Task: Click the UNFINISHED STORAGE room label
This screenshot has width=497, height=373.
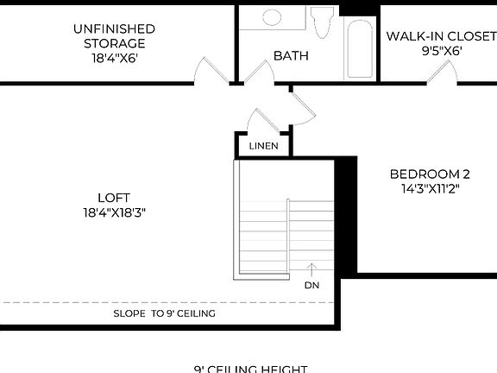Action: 114,35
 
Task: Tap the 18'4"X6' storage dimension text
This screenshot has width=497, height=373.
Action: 114,59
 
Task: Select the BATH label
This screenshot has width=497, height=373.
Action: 291,56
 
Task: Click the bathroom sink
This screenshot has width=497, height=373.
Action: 272,17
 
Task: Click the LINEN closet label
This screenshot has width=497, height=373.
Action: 263,146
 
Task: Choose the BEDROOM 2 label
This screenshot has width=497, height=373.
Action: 429,172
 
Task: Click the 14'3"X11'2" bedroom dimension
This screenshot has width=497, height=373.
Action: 429,188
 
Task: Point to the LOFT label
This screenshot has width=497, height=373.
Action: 113,197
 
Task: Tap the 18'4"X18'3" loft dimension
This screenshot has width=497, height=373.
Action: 113,212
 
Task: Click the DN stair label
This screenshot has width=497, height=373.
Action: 311,284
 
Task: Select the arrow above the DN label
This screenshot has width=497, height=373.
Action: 311,269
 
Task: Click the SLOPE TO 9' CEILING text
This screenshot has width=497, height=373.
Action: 164,313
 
